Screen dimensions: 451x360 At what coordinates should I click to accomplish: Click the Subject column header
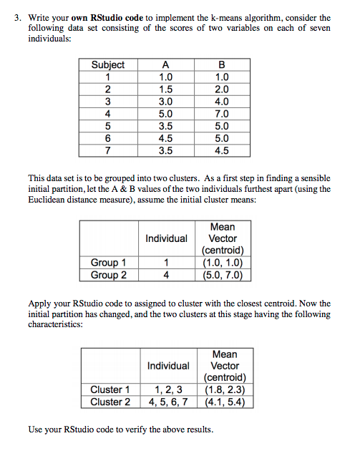108,64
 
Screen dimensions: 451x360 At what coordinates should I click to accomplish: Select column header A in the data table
165,64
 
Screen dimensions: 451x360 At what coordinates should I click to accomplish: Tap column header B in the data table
222,64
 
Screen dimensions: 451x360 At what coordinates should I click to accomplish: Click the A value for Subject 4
165,113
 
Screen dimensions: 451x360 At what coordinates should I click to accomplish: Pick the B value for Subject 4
222,113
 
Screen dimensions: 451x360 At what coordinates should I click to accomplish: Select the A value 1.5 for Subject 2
165,89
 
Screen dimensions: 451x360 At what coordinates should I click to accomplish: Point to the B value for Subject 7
222,150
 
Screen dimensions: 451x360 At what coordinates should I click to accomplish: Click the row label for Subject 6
108,137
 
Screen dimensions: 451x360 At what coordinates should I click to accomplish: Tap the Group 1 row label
109,263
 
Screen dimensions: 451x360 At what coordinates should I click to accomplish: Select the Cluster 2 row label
110,402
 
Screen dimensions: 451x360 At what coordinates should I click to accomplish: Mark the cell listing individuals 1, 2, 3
168,389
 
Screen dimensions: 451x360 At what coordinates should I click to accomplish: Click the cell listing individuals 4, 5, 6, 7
168,402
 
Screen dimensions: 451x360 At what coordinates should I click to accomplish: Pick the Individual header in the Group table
166,238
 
